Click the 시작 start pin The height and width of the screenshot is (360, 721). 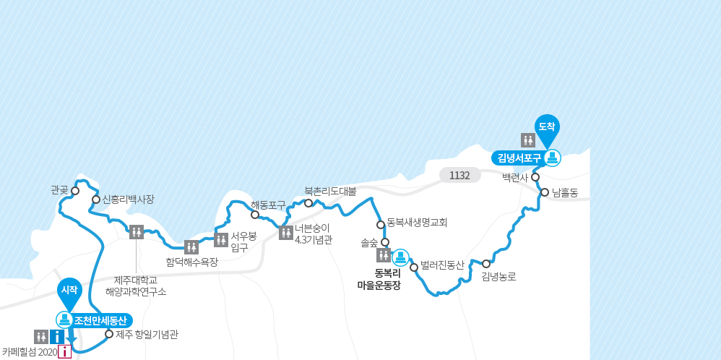tap(69, 289)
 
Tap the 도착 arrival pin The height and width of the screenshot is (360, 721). tap(547, 127)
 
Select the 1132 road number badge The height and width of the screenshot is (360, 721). tap(459, 176)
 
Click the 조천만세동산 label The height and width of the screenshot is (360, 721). tap(100, 320)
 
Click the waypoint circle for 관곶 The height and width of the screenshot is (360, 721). tap(74, 191)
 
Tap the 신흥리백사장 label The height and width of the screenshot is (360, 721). tap(128, 199)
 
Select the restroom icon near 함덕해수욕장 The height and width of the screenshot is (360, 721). tap(191, 247)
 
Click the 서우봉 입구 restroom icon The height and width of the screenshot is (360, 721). tap(221, 240)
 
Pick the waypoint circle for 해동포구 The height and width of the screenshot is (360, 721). tap(255, 214)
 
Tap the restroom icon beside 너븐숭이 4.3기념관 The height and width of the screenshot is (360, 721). tap(285, 232)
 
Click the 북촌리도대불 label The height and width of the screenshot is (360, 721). tap(330, 192)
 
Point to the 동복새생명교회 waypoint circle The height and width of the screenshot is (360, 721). tap(381, 224)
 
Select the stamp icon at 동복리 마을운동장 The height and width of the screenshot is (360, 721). tap(400, 257)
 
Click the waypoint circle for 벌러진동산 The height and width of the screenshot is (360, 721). tap(414, 267)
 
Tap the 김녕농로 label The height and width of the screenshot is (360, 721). tap(498, 276)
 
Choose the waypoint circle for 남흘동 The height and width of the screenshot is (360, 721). tap(545, 192)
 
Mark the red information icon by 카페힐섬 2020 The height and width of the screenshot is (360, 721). tap(65, 352)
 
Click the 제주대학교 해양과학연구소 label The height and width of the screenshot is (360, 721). tap(136, 286)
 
